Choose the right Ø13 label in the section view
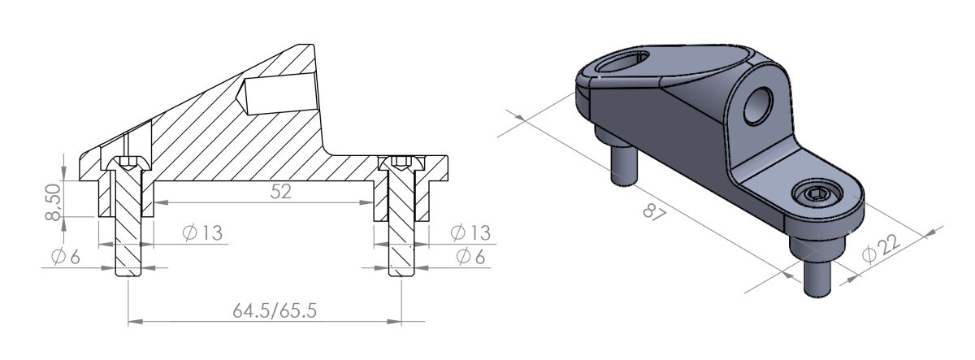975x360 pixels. coord(470,233)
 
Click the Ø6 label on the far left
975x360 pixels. coord(65,257)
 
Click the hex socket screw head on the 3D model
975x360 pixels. coord(815,195)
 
